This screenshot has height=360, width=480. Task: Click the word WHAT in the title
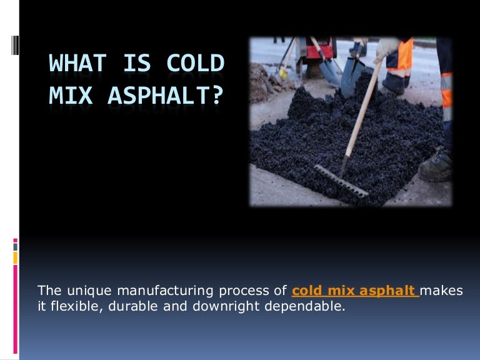pos(74,65)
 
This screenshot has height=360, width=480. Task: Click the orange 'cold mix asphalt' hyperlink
pos(354,291)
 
